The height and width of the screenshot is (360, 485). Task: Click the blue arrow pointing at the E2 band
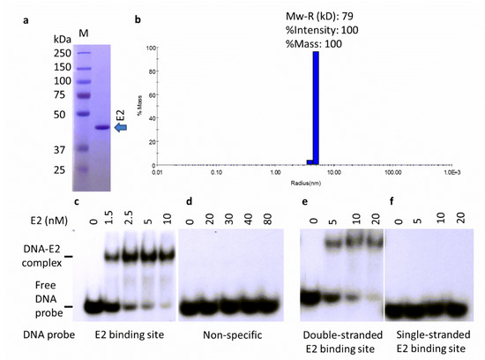pos(123,129)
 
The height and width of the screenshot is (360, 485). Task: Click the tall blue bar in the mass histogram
pos(315,107)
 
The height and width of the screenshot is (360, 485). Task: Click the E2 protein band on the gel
pos(100,129)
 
